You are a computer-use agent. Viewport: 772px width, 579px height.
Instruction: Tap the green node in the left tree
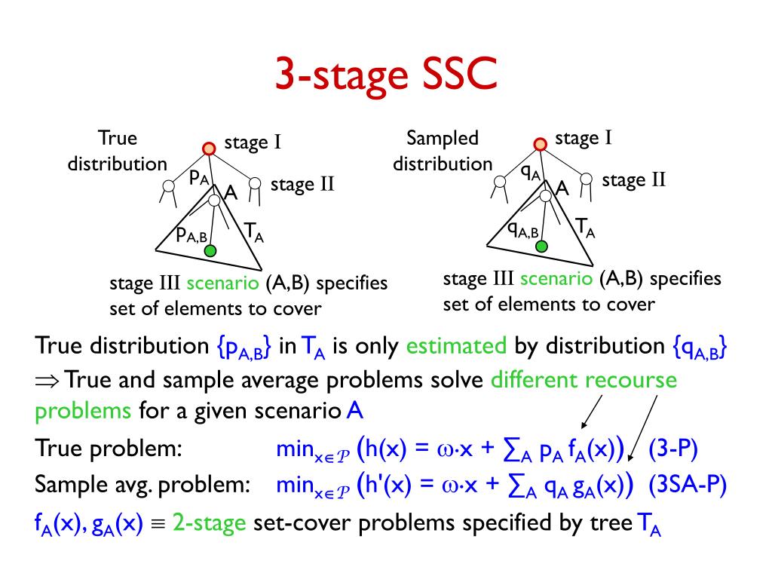point(211,250)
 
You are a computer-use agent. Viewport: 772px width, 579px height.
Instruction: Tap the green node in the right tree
point(542,245)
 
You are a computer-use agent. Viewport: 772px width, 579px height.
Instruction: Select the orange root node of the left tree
point(210,149)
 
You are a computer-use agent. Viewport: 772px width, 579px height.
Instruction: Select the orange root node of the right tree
point(539,144)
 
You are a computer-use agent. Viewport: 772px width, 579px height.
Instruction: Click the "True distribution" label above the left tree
point(117,151)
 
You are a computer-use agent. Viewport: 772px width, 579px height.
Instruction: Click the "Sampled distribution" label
point(443,151)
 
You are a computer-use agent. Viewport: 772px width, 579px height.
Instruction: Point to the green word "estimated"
point(456,346)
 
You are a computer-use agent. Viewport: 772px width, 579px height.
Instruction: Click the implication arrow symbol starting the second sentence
point(47,380)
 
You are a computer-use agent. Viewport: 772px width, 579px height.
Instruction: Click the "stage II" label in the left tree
point(302,185)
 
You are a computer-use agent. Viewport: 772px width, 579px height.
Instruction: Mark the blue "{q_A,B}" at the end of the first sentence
point(699,348)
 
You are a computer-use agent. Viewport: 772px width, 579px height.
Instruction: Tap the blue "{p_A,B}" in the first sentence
point(244,348)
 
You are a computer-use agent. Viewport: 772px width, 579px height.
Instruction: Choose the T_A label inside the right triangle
point(585,227)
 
